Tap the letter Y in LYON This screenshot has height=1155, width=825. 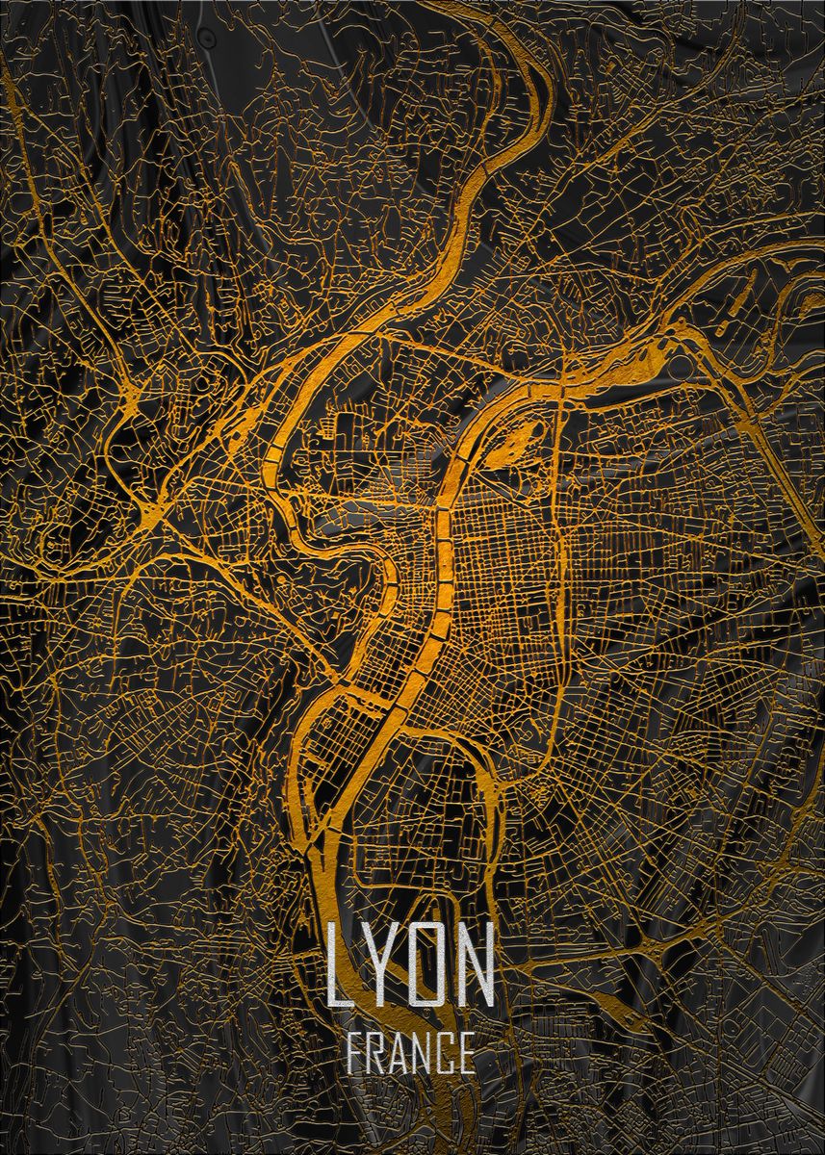click(379, 964)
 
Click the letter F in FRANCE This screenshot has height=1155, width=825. click(354, 1053)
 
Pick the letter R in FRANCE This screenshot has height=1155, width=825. click(376, 1053)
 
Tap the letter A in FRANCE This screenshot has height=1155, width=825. click(399, 1053)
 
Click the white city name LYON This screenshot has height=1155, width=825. click(410, 964)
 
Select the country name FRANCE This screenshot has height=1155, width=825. click(409, 1053)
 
